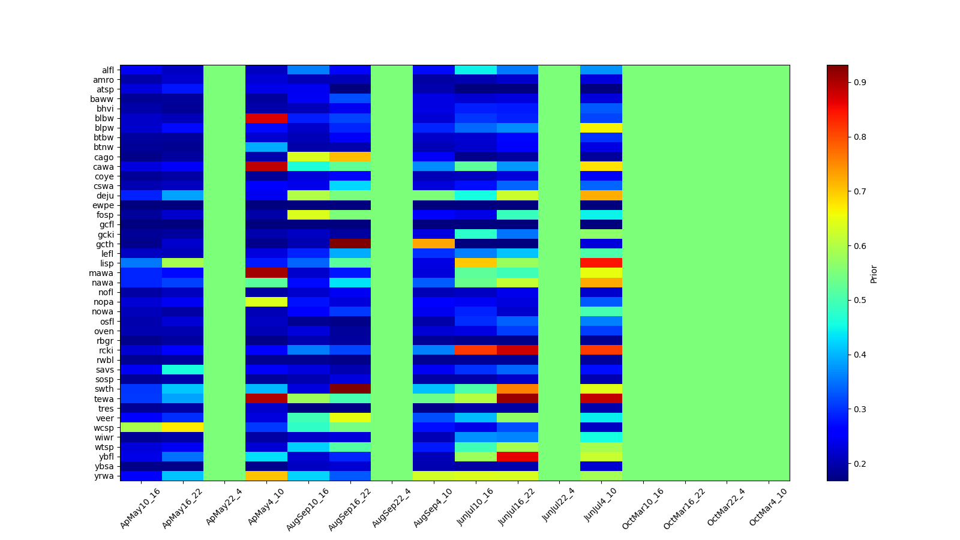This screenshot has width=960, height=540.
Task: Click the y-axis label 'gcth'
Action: [104, 244]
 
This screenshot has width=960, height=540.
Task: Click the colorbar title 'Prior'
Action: [874, 274]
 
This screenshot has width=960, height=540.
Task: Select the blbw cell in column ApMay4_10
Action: [266, 118]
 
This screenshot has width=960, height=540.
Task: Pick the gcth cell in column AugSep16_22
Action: [350, 244]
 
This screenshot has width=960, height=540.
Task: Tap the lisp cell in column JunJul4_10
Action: [601, 263]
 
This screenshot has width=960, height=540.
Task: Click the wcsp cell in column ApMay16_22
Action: [182, 428]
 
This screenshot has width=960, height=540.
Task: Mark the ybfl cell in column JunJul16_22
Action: [517, 457]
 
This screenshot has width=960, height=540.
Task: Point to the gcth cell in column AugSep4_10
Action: [434, 244]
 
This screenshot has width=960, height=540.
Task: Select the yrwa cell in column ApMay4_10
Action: [266, 476]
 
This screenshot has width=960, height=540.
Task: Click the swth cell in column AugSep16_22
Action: [350, 389]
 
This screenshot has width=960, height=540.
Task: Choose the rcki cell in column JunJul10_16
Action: [476, 350]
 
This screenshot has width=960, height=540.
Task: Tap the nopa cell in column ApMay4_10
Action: [266, 302]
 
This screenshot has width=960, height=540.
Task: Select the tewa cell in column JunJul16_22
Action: [517, 399]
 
